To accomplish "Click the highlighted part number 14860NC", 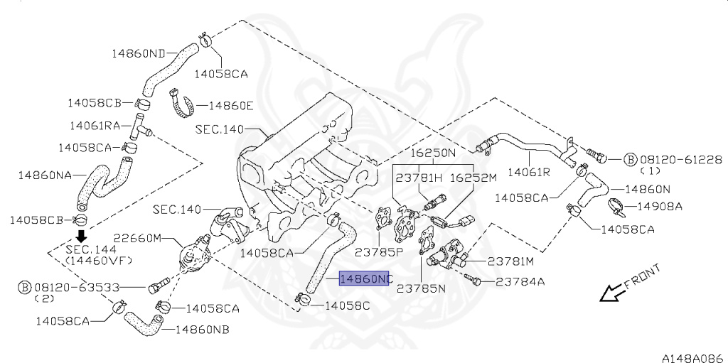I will tap(365, 279).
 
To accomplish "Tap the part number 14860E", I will tap(230, 105).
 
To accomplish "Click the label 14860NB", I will tap(202, 330).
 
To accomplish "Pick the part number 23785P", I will tap(380, 251).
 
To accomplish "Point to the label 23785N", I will tap(421, 288).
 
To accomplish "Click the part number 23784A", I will tap(520, 281).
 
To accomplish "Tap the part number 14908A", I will tap(658, 207).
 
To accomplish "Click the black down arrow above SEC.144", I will tap(82, 235).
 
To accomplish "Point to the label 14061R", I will tap(528, 172).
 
